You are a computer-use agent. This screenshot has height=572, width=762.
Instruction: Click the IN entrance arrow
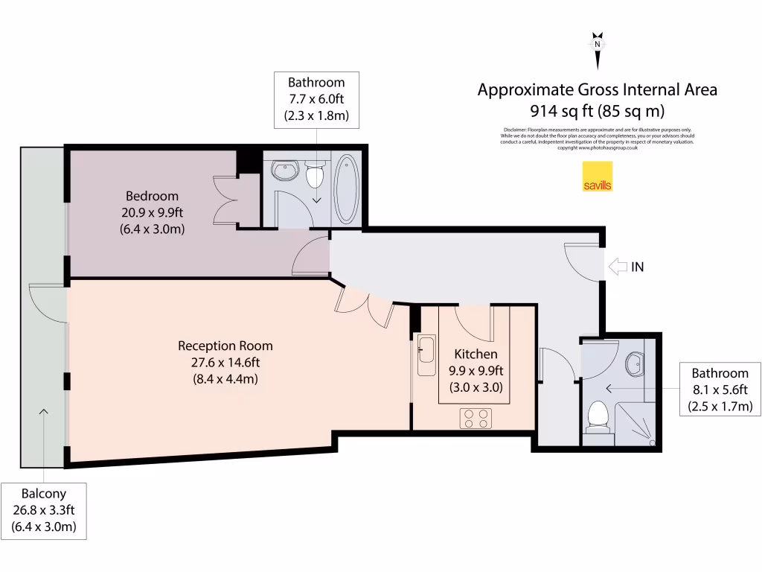pos(618,266)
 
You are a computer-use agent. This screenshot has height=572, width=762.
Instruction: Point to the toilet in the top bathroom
pos(316,176)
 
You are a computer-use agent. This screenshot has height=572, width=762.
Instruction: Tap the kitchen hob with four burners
pos(477,418)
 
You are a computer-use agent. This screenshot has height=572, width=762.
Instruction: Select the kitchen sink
pos(426,355)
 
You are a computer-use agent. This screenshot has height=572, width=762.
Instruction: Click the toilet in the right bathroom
pos(598,416)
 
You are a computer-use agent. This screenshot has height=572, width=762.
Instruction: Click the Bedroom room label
pos(152,197)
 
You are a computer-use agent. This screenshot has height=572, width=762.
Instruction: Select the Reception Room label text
pos(225,346)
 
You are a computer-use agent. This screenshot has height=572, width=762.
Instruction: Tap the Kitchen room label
pos(476,354)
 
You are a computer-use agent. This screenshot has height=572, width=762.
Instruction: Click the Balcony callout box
pos(43,510)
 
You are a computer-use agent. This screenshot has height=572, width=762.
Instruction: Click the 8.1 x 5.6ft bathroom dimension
pos(719,390)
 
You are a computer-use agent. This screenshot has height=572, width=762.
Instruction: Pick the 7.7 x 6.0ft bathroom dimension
pos(316,99)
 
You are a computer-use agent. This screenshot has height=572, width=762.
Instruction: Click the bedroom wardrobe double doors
pos(226,200)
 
